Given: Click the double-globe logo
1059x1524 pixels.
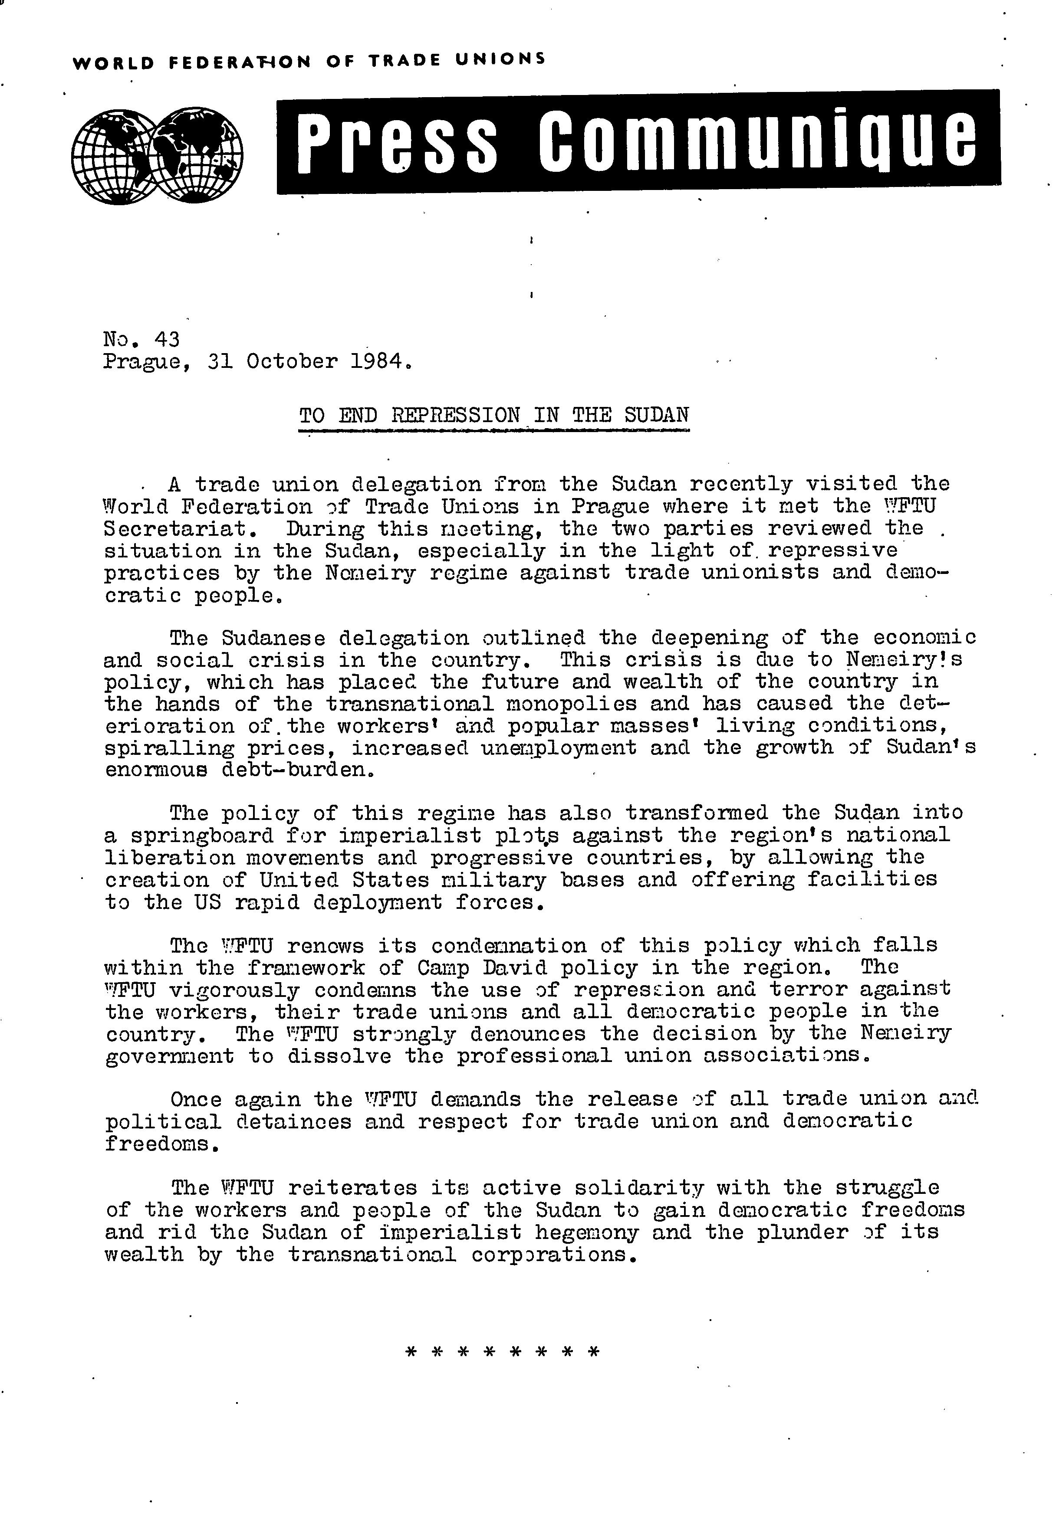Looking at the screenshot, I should (x=157, y=155).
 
